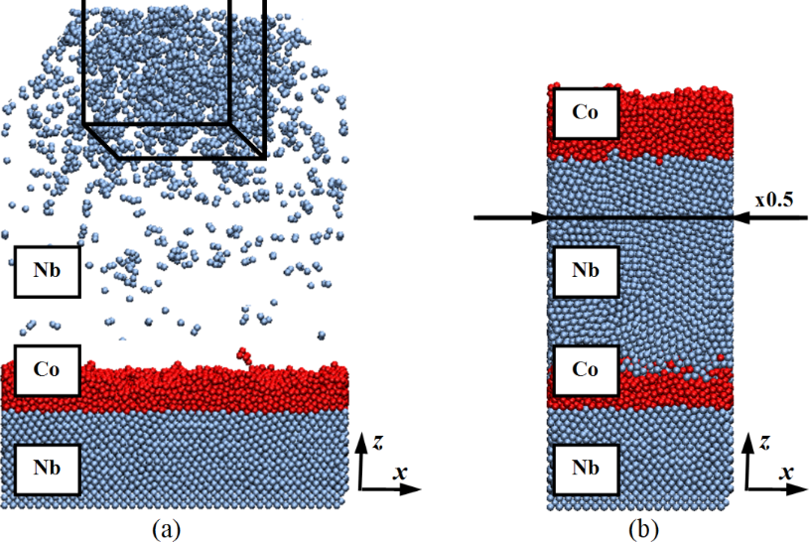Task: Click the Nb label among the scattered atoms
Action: tap(46, 271)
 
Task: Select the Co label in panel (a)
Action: tap(46, 371)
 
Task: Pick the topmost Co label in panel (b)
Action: tap(584, 112)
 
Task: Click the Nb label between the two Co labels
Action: tap(584, 271)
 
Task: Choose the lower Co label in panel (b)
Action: tap(584, 369)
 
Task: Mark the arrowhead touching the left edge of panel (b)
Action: tap(541, 216)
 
